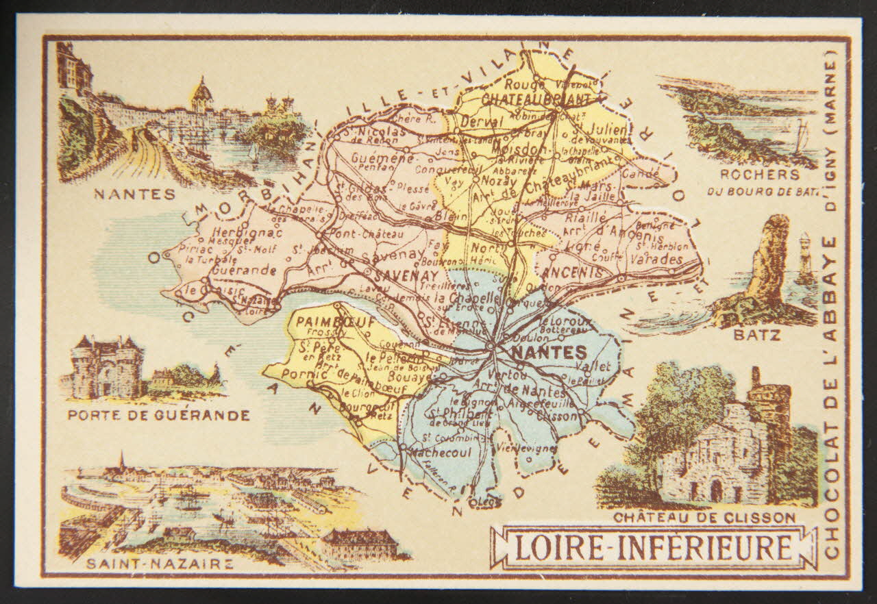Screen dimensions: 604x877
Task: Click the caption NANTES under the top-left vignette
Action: point(135,194)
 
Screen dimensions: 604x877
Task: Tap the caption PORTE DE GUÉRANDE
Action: point(158,415)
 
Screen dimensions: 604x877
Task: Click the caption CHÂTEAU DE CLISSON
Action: point(704,518)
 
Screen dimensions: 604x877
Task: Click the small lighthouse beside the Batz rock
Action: point(805,257)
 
